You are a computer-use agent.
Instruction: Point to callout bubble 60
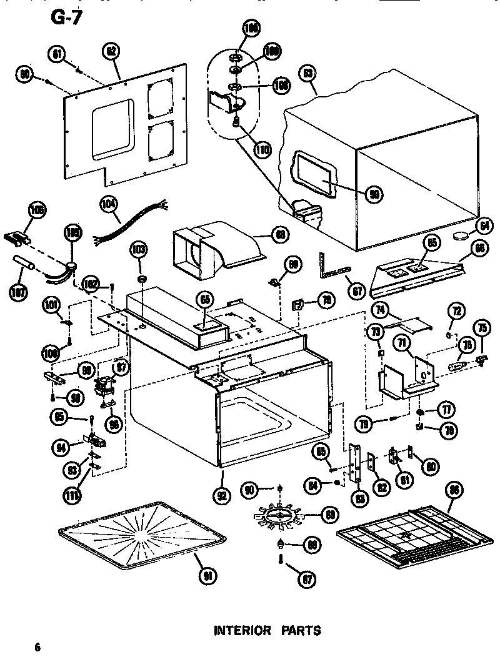pos(25,75)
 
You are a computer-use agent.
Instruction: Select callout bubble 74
pos(379,310)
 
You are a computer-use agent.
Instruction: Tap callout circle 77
pos(446,410)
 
